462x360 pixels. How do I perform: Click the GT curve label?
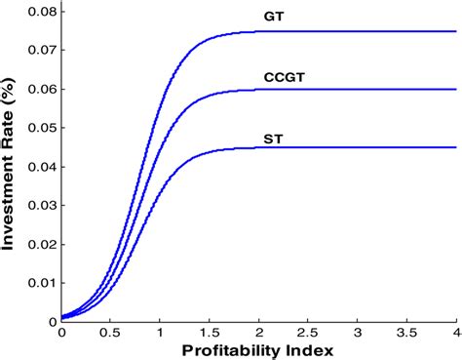pyautogui.click(x=272, y=18)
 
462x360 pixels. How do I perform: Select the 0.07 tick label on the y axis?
pyautogui.click(x=38, y=49)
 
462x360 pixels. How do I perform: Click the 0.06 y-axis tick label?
pyautogui.click(x=38, y=88)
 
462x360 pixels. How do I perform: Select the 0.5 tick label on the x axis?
pyautogui.click(x=110, y=332)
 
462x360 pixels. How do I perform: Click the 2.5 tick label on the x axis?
pyautogui.click(x=308, y=332)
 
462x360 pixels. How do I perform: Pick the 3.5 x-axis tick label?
pyautogui.click(x=406, y=332)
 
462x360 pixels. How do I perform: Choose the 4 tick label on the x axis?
pyautogui.click(x=455, y=332)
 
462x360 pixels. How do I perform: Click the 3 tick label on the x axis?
pyautogui.click(x=357, y=332)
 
